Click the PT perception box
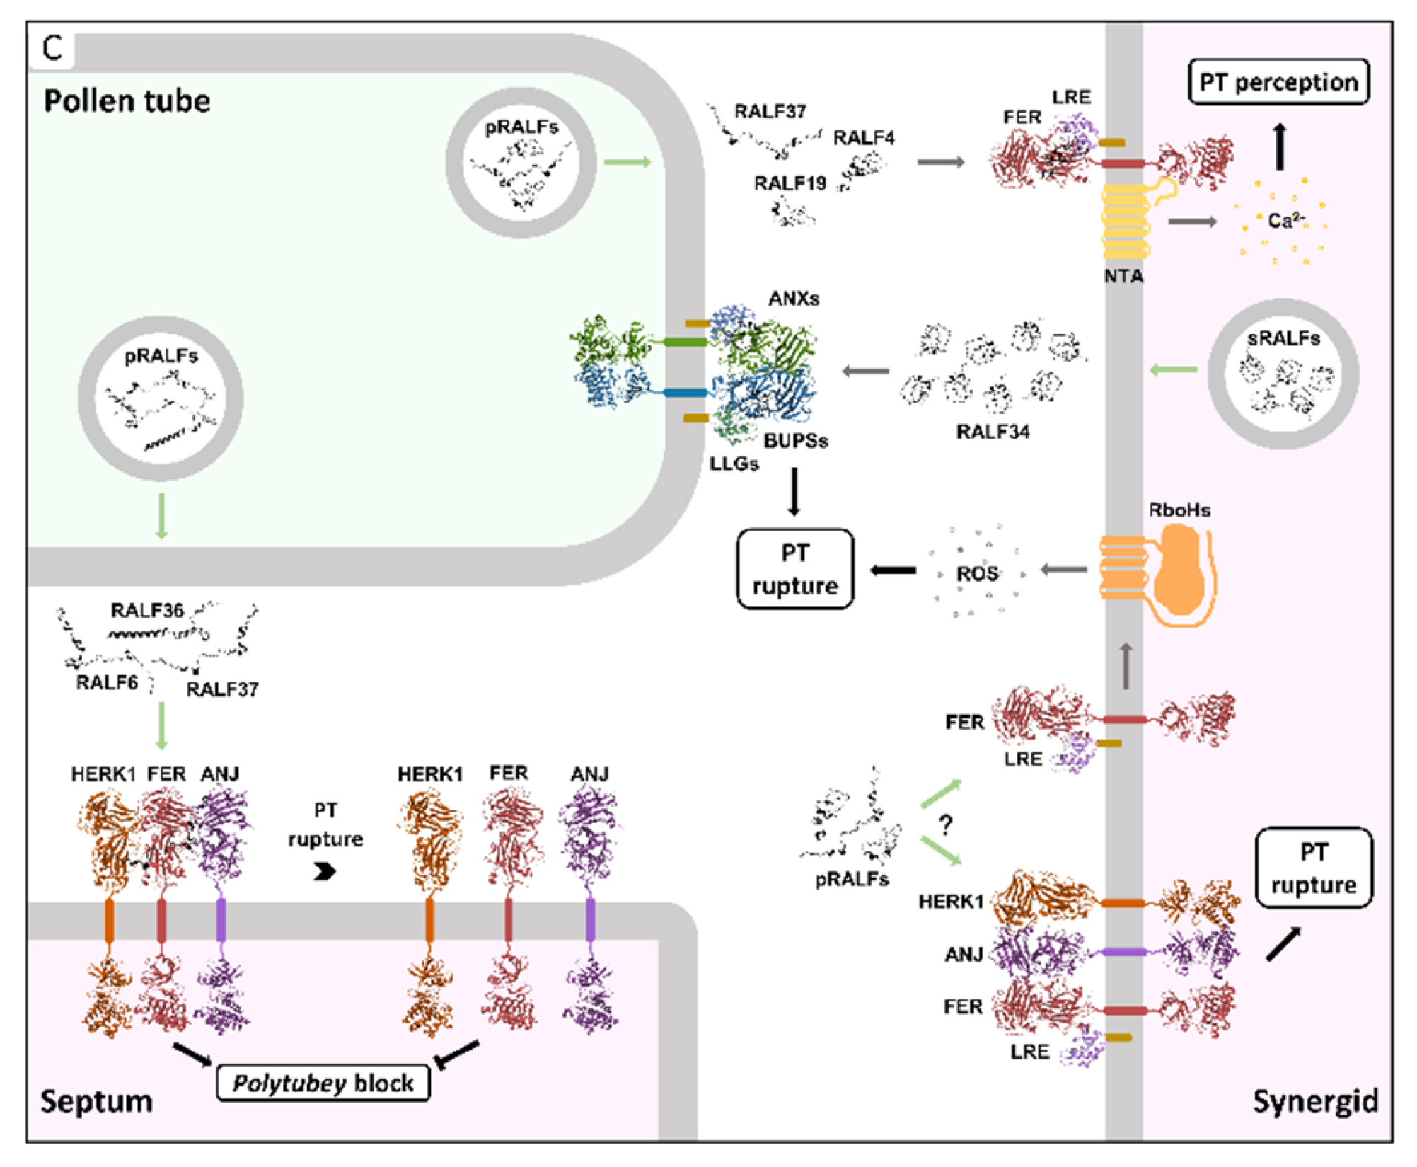tap(1278, 82)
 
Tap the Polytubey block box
tap(323, 1083)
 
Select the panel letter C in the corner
tap(52, 49)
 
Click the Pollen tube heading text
tap(127, 101)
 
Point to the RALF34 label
tap(993, 432)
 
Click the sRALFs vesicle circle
tap(1283, 374)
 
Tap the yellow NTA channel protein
tap(1125, 221)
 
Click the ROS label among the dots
tap(977, 573)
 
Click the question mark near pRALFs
tap(946, 824)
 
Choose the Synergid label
tap(1315, 1101)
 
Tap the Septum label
tap(96, 1101)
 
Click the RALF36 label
tap(147, 610)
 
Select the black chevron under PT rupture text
tap(325, 871)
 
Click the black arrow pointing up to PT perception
tap(1280, 146)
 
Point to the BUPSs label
tap(795, 441)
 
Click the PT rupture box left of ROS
tap(795, 569)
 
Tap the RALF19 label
tap(790, 183)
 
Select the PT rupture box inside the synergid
tap(1314, 868)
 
